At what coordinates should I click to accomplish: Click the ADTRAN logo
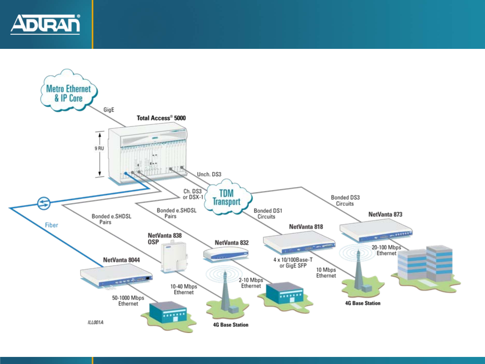(x=45, y=24)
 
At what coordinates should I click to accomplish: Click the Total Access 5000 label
(x=161, y=118)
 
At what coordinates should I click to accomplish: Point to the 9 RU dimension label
(x=99, y=148)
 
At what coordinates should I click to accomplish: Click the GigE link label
(x=109, y=110)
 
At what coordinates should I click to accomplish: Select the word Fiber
(x=52, y=225)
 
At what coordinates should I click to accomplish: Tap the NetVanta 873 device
(x=375, y=231)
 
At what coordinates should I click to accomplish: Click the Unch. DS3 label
(x=209, y=174)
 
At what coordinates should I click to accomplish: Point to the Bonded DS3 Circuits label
(x=345, y=201)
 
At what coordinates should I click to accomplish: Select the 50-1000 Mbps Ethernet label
(x=128, y=301)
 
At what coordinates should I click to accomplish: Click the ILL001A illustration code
(x=95, y=323)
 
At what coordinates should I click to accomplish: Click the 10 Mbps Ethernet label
(x=326, y=273)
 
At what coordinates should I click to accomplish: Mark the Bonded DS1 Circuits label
(x=268, y=214)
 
